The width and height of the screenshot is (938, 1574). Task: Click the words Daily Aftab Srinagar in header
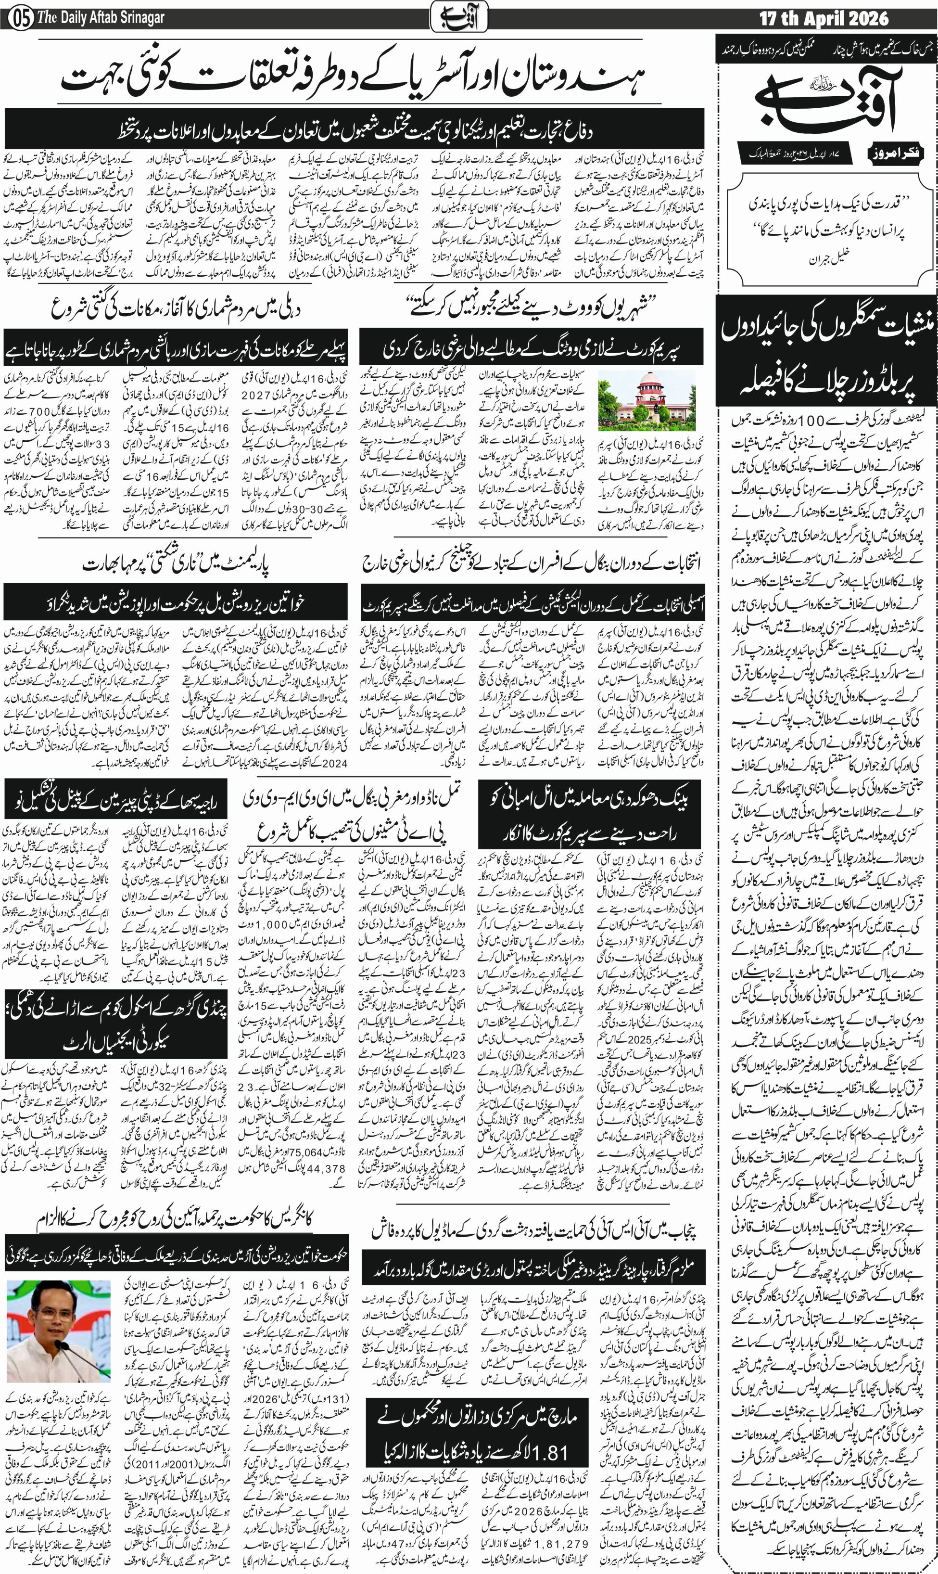coord(101,18)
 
